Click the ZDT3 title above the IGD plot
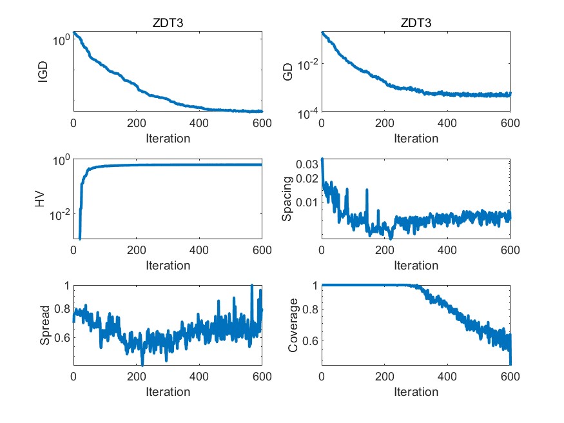pyautogui.click(x=168, y=23)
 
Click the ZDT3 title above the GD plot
pyautogui.click(x=416, y=23)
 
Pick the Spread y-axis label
pyautogui.click(x=45, y=325)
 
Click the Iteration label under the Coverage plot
pyautogui.click(x=416, y=391)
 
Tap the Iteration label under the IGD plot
pyautogui.click(x=168, y=138)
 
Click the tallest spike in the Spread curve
pyautogui.click(x=251, y=286)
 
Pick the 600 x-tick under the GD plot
pyautogui.click(x=510, y=124)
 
